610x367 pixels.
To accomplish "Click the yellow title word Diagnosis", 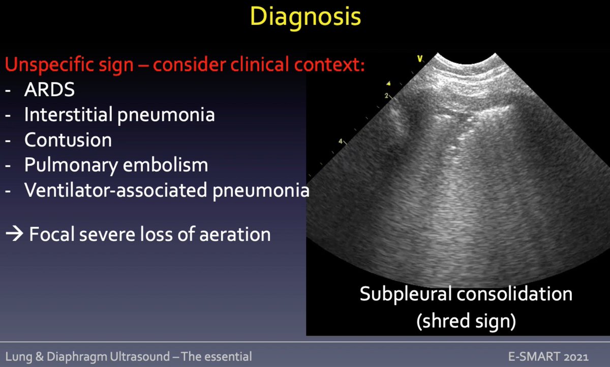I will coord(306,17).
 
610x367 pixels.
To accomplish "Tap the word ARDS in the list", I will coord(49,90).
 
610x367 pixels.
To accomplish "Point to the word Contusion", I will coord(68,139).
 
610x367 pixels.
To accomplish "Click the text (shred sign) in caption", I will coord(466,321).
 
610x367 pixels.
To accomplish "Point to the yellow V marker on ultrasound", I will coord(420,59).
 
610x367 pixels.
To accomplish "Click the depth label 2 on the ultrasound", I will coord(386,96).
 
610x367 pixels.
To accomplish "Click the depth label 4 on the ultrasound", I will coord(341,141).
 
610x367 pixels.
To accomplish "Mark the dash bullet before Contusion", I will coord(9,140).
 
